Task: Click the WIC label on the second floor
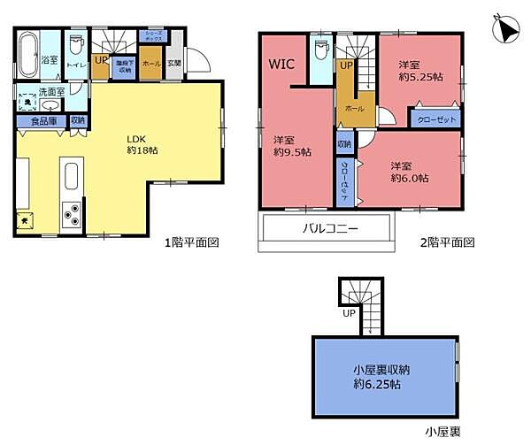pyautogui.click(x=281, y=64)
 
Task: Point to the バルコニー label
pyautogui.click(x=324, y=228)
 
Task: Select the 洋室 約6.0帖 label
pyautogui.click(x=409, y=171)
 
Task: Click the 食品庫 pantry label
pyautogui.click(x=43, y=121)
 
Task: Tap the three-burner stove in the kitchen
pyautogui.click(x=72, y=212)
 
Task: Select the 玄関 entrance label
pyautogui.click(x=174, y=62)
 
